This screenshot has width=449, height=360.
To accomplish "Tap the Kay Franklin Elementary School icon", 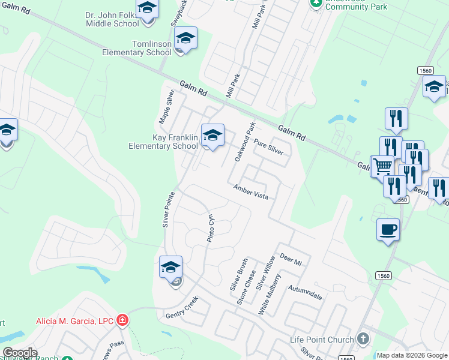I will point(212,136).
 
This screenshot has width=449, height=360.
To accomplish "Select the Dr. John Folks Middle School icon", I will point(146,9).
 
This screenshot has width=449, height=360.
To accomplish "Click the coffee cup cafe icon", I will point(388,229).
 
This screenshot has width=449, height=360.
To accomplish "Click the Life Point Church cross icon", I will point(363,339).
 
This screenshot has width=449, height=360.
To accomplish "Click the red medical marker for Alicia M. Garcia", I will point(122,320).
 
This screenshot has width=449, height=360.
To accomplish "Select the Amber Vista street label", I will point(251,192).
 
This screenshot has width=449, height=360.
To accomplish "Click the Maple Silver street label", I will point(166,107).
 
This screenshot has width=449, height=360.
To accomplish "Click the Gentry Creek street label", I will point(181,310).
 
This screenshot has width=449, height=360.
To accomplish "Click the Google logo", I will point(20,353).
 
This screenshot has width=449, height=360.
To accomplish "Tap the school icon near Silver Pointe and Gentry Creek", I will point(170,267).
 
